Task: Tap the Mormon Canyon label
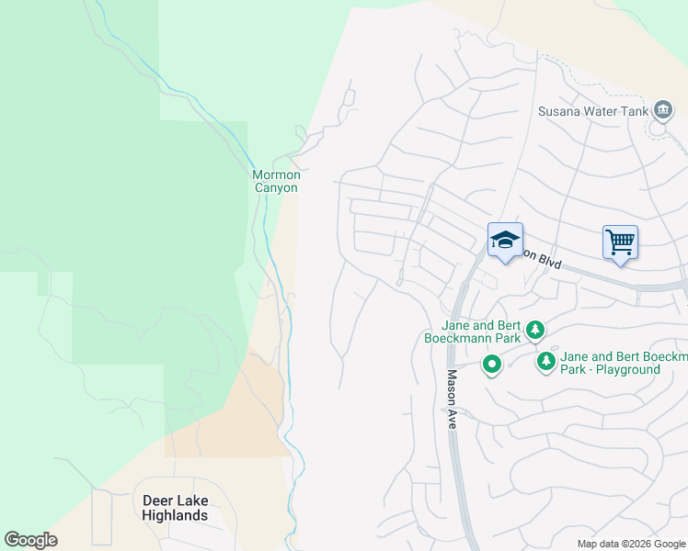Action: tap(276, 181)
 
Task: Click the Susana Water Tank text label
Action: tap(592, 112)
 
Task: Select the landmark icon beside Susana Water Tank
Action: tap(663, 111)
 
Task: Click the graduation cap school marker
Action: tap(505, 241)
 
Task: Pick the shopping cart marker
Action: tap(621, 242)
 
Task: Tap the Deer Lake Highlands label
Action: tap(176, 508)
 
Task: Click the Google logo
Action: tap(30, 540)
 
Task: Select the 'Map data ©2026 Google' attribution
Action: tap(631, 544)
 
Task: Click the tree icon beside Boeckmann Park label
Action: tap(534, 329)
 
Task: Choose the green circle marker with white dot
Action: tap(492, 365)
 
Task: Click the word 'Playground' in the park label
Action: tap(625, 370)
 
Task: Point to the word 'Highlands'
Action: tap(176, 515)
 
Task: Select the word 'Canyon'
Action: tap(276, 188)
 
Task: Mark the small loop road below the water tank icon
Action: tap(658, 129)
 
